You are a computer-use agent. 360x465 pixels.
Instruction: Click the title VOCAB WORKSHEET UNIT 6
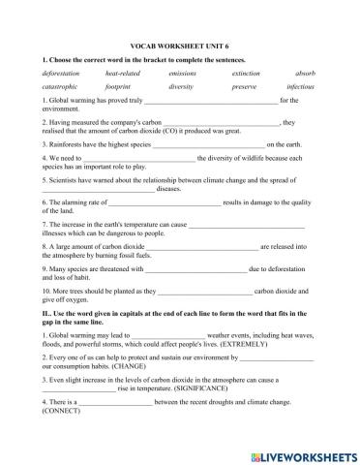coord(179,45)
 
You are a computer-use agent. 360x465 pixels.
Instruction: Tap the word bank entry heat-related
coord(122,73)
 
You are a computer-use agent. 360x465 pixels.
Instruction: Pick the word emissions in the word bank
coord(182,73)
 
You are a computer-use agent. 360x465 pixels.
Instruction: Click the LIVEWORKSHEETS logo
coord(302,453)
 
